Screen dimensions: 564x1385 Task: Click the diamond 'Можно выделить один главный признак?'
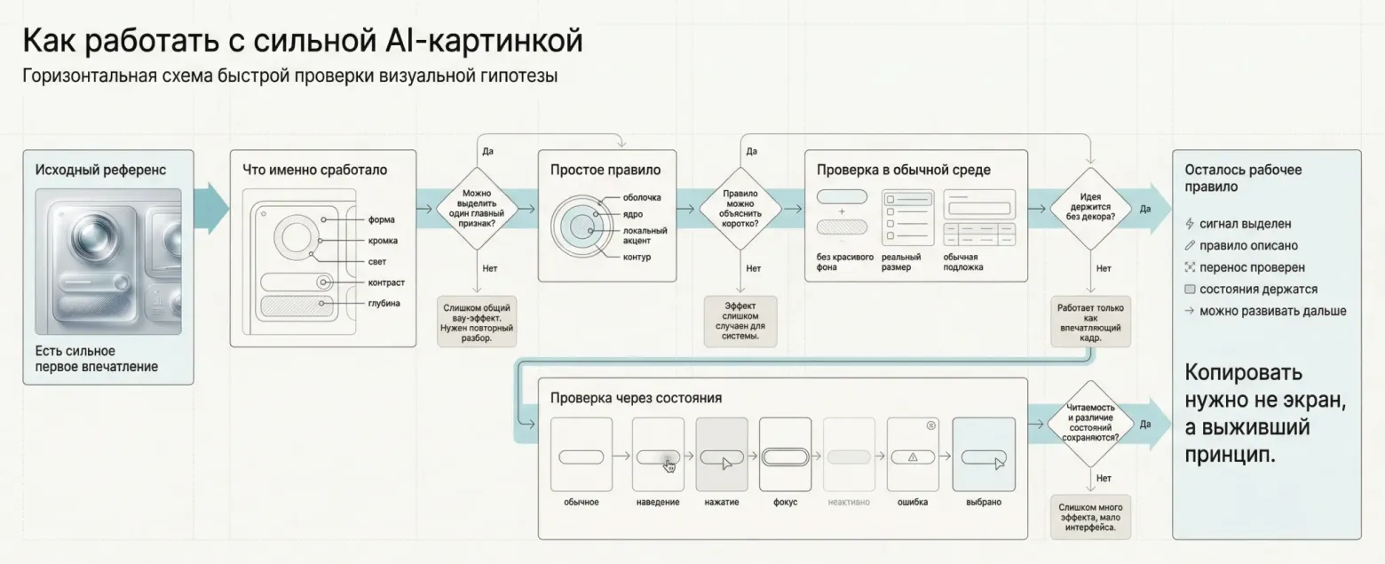(479, 209)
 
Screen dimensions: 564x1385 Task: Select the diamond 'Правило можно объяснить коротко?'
(740, 209)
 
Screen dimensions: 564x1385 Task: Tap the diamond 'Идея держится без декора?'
(1091, 209)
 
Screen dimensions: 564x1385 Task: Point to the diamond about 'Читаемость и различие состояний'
(1091, 425)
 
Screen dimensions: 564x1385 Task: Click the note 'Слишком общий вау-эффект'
(479, 321)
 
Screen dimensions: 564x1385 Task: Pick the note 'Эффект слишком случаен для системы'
(740, 321)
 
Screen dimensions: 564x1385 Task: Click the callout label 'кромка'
(384, 241)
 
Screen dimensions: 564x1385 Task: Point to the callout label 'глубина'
(384, 304)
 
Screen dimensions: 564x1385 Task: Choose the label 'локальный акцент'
(645, 235)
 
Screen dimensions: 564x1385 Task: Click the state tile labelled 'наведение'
(658, 455)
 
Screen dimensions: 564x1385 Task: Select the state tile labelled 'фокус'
(785, 455)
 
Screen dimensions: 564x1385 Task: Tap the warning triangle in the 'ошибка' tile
(912, 457)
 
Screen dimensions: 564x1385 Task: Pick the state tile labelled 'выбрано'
(984, 455)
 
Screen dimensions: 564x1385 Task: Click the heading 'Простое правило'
(605, 170)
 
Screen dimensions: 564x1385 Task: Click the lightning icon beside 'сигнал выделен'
(1190, 225)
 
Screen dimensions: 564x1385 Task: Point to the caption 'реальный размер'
(901, 262)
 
